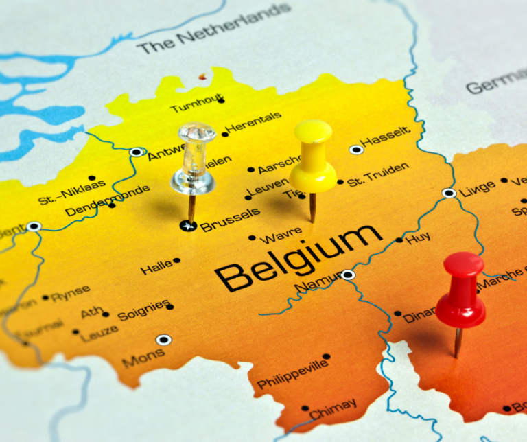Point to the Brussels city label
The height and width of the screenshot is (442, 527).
click(x=231, y=219)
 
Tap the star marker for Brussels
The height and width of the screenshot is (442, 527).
click(x=189, y=225)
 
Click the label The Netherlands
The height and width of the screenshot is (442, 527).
click(x=213, y=28)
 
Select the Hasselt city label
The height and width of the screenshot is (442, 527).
click(x=386, y=138)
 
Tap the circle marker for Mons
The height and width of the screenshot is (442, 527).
click(x=163, y=340)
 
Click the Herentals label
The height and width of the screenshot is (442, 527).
click(x=254, y=122)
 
